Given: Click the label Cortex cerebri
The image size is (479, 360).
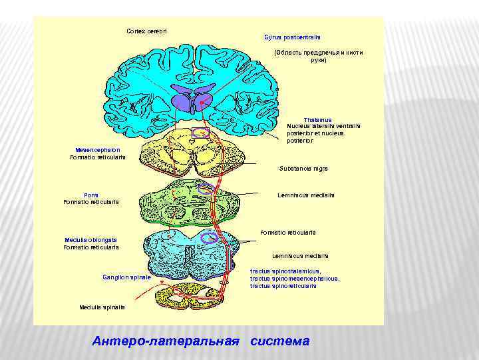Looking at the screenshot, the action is pos(147,31).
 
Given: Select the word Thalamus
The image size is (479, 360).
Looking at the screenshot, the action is pos(318,119).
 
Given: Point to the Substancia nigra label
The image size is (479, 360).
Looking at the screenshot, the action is pos(303,168).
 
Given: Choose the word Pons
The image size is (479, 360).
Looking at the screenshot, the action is pos(91,195).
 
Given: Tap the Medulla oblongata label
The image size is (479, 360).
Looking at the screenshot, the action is pos(91,240).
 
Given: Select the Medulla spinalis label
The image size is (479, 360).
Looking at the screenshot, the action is pos(102,307).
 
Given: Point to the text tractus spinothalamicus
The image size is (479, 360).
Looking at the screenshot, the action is pos(285,271).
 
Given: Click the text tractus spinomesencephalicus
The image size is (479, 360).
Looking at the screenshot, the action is pos(295,279).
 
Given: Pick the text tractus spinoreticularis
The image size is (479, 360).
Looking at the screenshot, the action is pos(283,286).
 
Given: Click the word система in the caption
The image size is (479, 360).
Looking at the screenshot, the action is pos(280,341).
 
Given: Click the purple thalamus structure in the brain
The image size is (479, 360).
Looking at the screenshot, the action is pos(192,101).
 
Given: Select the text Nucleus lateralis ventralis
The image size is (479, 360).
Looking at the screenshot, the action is pos(323,126).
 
